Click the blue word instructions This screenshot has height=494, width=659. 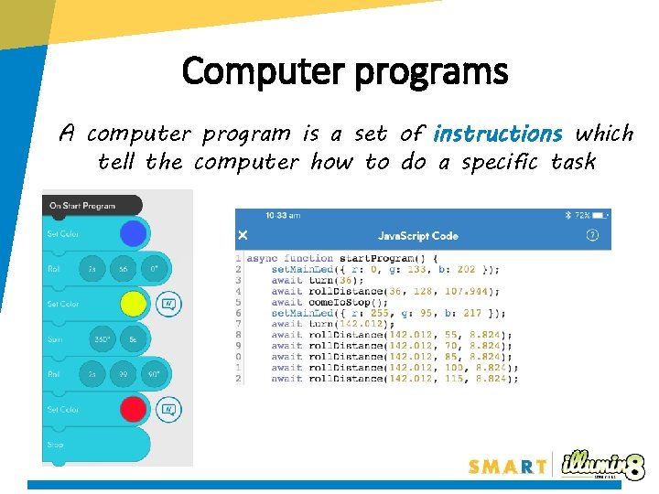pyautogui.click(x=497, y=134)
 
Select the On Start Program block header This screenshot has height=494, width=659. pyautogui.click(x=84, y=206)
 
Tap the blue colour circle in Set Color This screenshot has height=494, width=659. pyautogui.click(x=134, y=233)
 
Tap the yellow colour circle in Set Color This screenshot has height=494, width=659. pyautogui.click(x=134, y=303)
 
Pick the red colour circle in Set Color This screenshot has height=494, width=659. pyautogui.click(x=134, y=409)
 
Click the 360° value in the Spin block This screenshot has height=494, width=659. pyautogui.click(x=102, y=338)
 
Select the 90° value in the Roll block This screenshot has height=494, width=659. pyautogui.click(x=155, y=374)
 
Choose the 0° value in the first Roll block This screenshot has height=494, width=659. pyautogui.click(x=154, y=269)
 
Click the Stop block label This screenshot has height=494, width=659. pyautogui.click(x=56, y=445)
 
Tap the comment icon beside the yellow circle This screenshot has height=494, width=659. pyautogui.click(x=168, y=303)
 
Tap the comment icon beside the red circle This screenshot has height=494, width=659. pyautogui.click(x=168, y=409)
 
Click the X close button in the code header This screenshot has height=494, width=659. pyautogui.click(x=243, y=236)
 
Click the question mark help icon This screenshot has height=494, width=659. pyautogui.click(x=592, y=235)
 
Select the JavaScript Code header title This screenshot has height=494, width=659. pyautogui.click(x=418, y=236)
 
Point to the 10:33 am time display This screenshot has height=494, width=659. pyautogui.click(x=282, y=216)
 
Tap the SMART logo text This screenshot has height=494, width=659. pyautogui.click(x=508, y=467)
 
